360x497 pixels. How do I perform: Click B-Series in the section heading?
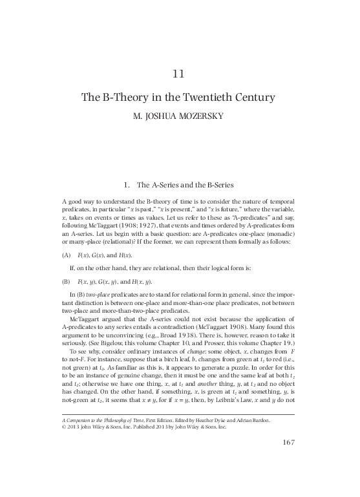tap(224, 169)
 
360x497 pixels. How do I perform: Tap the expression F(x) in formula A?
tap(83, 238)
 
